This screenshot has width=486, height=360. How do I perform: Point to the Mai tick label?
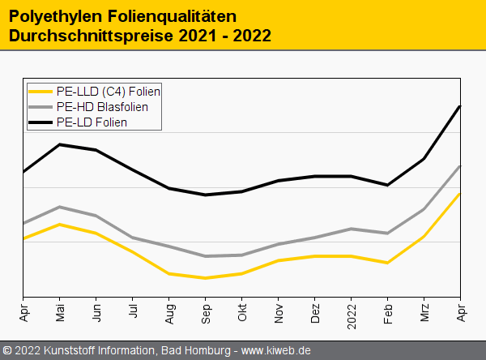pyautogui.click(x=60, y=313)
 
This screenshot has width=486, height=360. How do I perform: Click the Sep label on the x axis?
pyautogui.click(x=206, y=313)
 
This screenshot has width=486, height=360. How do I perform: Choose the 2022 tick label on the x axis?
pyautogui.click(x=352, y=316)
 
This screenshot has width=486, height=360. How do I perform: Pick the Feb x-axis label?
pyautogui.click(x=388, y=313)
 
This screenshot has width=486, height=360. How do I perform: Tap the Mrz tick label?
pyautogui.click(x=424, y=313)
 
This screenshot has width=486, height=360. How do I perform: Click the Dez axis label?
pyautogui.click(x=315, y=313)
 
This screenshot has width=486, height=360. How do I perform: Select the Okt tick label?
pyautogui.click(x=242, y=313)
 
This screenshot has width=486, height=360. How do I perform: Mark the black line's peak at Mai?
pyautogui.click(x=60, y=144)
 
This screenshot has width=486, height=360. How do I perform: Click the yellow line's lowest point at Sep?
pyautogui.click(x=206, y=278)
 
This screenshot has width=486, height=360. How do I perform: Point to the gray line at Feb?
pyautogui.click(x=388, y=234)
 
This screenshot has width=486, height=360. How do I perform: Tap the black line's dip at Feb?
pyautogui.click(x=388, y=185)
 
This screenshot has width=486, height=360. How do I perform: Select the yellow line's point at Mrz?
pyautogui.click(x=424, y=237)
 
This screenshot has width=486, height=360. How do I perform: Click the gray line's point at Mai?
pyautogui.click(x=60, y=207)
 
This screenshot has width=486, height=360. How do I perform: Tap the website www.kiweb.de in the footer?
pyautogui.click(x=276, y=350)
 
